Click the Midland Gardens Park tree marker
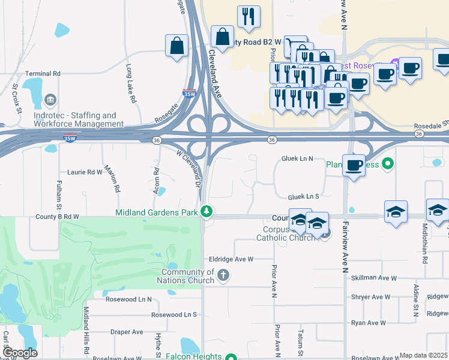[x=206, y=211]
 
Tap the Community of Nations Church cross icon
[x=223, y=275]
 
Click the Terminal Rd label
[x=43, y=73]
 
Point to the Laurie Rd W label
[x=85, y=172]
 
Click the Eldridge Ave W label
[x=231, y=259]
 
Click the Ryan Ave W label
[x=369, y=323]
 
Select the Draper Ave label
[x=126, y=332]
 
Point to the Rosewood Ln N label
[x=128, y=299]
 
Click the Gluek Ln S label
[x=304, y=196]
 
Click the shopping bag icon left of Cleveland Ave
[x=177, y=46]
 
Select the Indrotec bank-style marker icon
[x=50, y=98]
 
